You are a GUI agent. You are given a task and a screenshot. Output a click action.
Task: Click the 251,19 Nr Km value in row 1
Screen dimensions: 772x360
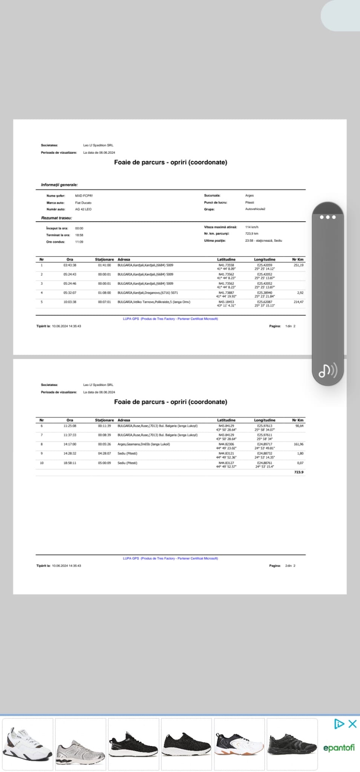[x=298, y=265]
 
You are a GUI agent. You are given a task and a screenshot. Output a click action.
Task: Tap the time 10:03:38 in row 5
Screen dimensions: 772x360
[x=70, y=302]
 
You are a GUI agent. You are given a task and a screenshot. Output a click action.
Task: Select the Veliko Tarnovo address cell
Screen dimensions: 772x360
[x=154, y=302]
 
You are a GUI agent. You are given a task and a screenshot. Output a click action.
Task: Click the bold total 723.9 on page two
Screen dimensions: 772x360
[x=299, y=472]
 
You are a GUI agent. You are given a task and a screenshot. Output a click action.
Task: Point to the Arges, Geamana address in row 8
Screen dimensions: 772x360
[x=144, y=444]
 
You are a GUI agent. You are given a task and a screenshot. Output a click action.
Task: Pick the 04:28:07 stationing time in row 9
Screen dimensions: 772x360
[x=104, y=453]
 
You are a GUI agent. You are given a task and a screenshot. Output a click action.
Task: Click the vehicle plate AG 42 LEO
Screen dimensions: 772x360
[x=83, y=209]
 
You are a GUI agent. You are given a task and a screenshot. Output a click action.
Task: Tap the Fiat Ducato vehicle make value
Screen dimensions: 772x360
[x=83, y=203]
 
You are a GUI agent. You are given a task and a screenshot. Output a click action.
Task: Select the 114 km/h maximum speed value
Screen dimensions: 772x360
[x=252, y=227]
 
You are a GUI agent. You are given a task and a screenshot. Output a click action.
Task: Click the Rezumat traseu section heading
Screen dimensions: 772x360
[x=57, y=218]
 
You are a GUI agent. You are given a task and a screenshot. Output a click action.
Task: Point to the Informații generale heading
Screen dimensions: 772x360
[x=59, y=185]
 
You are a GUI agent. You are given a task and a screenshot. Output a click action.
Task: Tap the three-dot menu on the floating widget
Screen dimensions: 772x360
[x=328, y=217]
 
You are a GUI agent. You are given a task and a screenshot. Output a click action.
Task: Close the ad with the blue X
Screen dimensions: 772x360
[x=352, y=724]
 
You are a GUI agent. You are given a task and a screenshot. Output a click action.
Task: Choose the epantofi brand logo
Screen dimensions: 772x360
[x=339, y=748]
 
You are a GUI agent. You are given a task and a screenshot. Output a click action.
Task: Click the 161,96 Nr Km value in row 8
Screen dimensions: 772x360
[x=298, y=444]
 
